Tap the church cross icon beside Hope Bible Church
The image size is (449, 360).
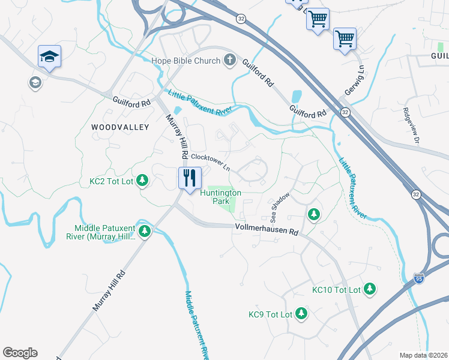pos(229,59)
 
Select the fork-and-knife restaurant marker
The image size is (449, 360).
pos(188,178)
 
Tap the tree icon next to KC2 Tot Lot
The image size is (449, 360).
pos(143,180)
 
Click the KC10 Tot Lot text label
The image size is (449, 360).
pos(336,290)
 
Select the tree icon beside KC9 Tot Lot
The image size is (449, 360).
pos(301,314)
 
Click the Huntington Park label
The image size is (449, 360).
pos(220,197)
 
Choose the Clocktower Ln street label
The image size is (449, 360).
pos(211,163)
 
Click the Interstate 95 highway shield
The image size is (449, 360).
pos(418,278)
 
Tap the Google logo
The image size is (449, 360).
pos(20,353)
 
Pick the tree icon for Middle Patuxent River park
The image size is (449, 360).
pos(144,231)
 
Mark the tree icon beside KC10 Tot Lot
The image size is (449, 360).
pos(371,289)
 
